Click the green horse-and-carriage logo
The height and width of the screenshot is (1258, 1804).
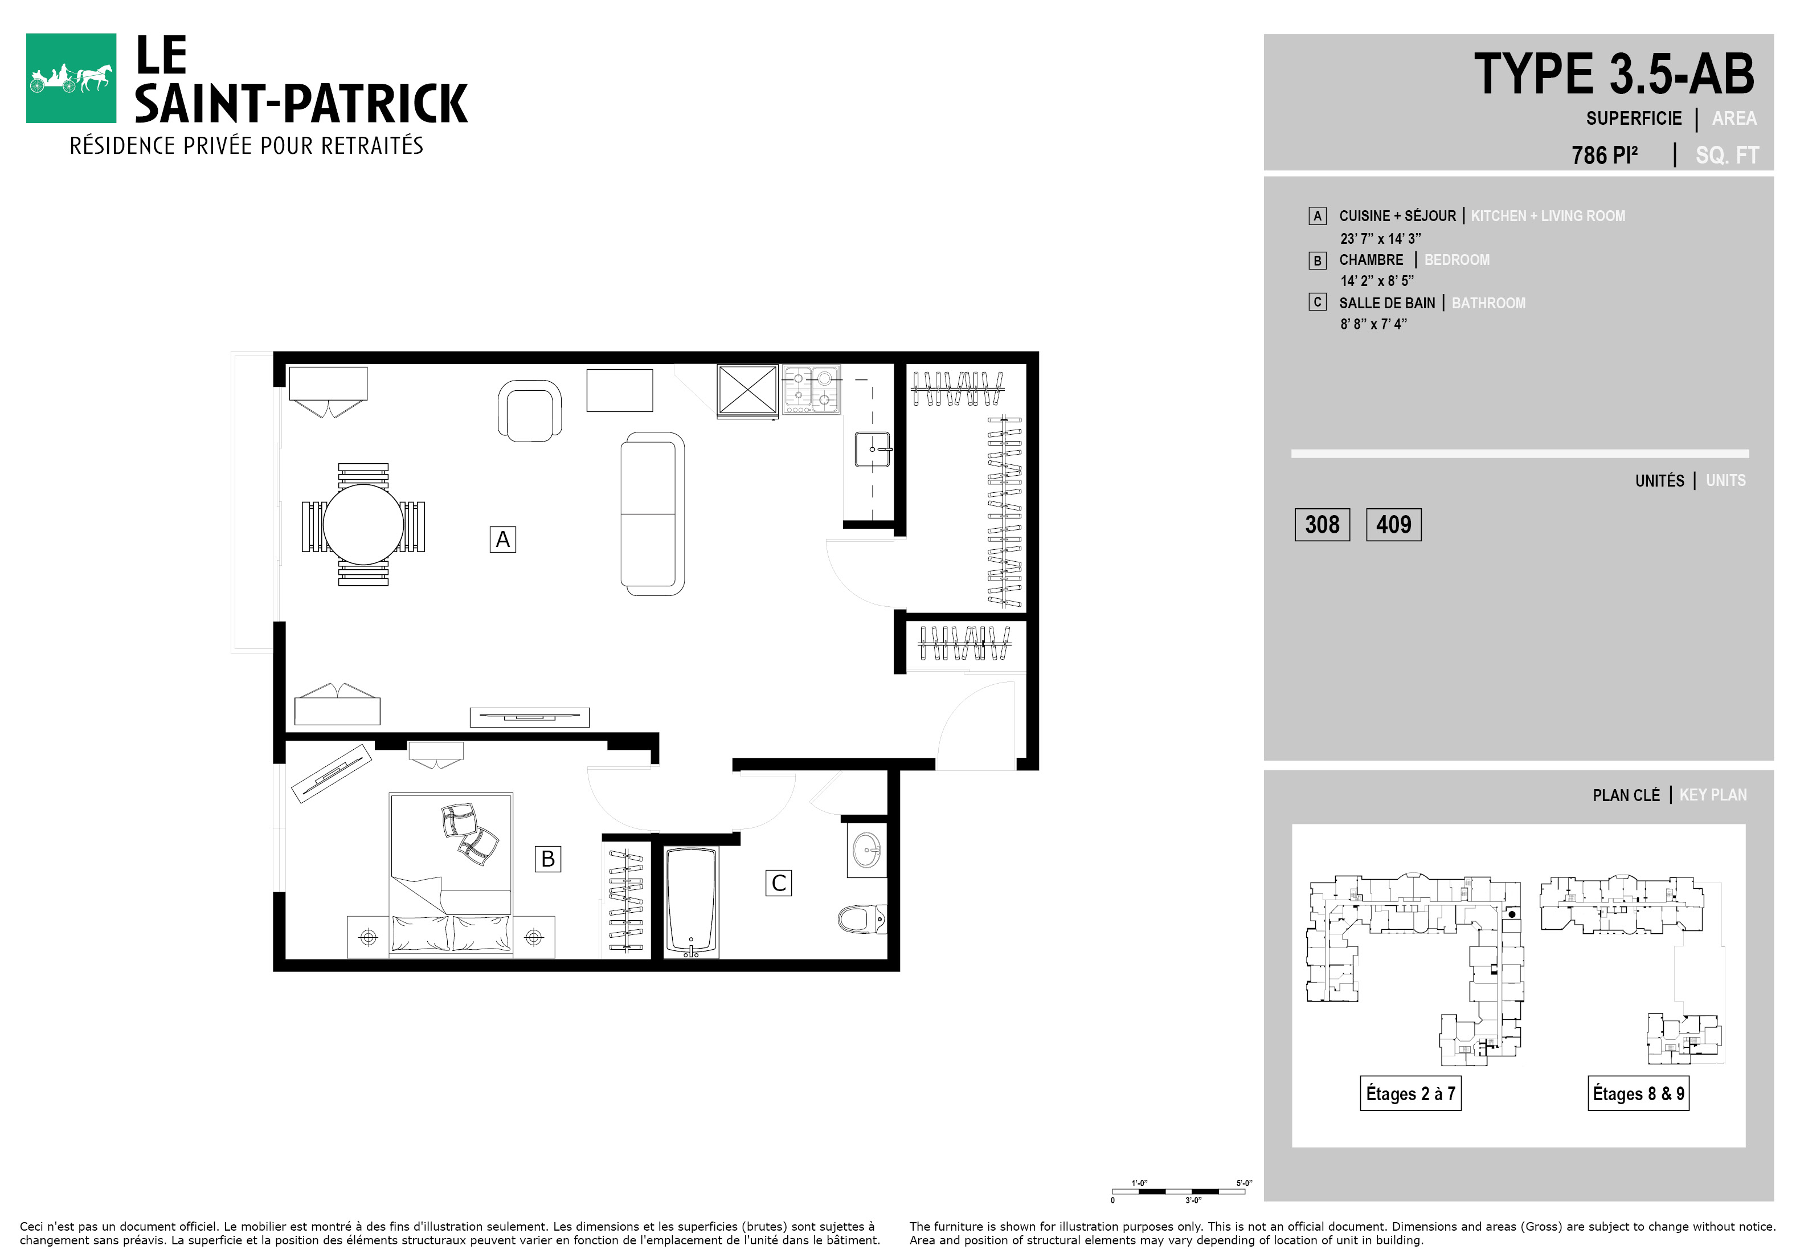71,78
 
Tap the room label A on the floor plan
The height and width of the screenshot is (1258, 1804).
503,539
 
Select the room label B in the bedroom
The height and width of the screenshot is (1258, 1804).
547,859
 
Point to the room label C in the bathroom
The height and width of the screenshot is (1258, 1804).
779,883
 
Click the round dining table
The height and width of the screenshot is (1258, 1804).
363,524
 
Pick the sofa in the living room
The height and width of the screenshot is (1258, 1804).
652,514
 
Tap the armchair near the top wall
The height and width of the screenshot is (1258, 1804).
530,410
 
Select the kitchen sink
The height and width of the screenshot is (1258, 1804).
873,450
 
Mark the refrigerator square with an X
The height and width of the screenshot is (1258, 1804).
747,390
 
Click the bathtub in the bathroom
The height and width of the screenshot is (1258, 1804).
692,902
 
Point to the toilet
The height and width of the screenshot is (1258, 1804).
862,918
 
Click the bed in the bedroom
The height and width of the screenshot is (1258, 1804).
451,875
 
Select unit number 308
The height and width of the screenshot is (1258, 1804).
1322,525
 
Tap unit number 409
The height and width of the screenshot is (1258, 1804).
1394,525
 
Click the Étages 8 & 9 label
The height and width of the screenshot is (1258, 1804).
1638,1093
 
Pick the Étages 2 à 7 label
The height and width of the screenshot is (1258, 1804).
1410,1093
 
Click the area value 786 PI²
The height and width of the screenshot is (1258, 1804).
1605,155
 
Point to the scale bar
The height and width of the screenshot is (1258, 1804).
1179,1191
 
